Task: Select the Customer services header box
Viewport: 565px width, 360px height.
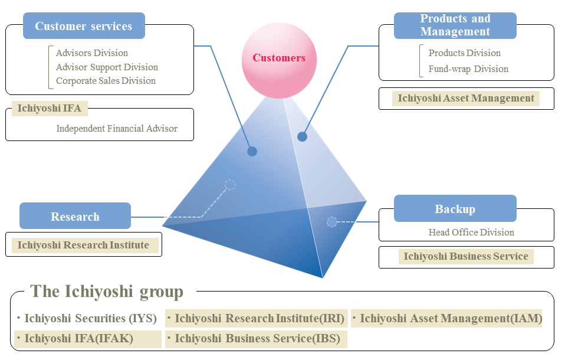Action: point(84,26)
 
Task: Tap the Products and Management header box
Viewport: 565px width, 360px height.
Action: point(455,25)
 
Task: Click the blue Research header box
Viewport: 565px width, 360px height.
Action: point(75,216)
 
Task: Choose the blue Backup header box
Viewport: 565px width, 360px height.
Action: point(455,209)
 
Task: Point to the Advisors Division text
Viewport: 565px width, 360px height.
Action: point(91,53)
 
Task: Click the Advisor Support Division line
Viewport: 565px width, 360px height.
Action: point(107,67)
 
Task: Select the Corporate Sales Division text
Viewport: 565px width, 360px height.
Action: point(106,81)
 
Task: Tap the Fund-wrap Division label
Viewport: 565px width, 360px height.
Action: point(468,69)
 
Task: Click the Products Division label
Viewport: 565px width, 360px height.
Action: point(464,53)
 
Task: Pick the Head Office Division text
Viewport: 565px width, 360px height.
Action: point(471,233)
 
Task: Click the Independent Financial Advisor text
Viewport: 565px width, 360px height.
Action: point(117,128)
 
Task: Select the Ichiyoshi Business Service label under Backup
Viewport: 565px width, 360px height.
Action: point(465,257)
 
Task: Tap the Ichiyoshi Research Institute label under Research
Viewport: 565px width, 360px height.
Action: point(83,245)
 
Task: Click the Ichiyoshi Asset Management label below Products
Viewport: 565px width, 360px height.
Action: point(466,99)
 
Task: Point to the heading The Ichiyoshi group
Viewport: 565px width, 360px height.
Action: point(107,292)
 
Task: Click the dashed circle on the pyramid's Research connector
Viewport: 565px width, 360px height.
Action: point(230,185)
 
